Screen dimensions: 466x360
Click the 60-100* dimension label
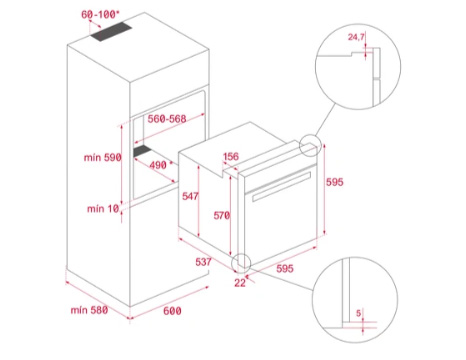click(100, 15)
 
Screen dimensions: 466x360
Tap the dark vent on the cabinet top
click(111, 32)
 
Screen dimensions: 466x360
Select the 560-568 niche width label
click(167, 119)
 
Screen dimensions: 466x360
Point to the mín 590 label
click(102, 157)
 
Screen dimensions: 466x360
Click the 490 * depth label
click(161, 165)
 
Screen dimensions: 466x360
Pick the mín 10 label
click(103, 209)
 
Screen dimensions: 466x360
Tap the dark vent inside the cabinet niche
click(142, 151)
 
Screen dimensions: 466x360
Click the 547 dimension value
click(190, 196)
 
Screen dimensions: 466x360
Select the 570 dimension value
click(222, 215)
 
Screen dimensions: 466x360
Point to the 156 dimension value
click(231, 156)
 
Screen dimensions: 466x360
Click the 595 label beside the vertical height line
click(334, 182)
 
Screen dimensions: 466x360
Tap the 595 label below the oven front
click(285, 268)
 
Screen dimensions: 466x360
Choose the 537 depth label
click(203, 262)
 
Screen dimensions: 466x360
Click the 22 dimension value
click(240, 283)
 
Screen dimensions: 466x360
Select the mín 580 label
click(89, 310)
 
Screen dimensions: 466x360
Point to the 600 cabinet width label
click(172, 311)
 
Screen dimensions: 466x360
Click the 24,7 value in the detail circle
click(356, 37)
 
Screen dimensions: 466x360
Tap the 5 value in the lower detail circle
click(358, 313)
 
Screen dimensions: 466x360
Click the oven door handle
click(282, 187)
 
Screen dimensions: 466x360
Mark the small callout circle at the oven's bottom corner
click(242, 254)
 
